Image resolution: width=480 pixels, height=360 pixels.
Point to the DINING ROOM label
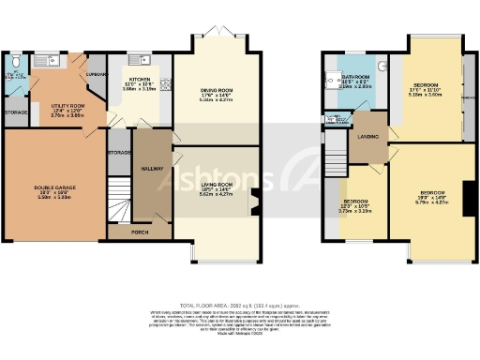click(x=216, y=90)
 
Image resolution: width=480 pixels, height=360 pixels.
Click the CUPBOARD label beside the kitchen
click(x=95, y=73)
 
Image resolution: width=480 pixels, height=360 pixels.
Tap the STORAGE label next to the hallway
click(x=119, y=151)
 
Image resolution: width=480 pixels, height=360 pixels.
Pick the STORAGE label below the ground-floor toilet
click(x=16, y=113)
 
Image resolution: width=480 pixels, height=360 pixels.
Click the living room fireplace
click(x=253, y=202)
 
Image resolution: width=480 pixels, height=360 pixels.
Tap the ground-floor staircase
click(x=117, y=200)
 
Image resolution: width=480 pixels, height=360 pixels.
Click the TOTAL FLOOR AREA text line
click(x=239, y=306)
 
